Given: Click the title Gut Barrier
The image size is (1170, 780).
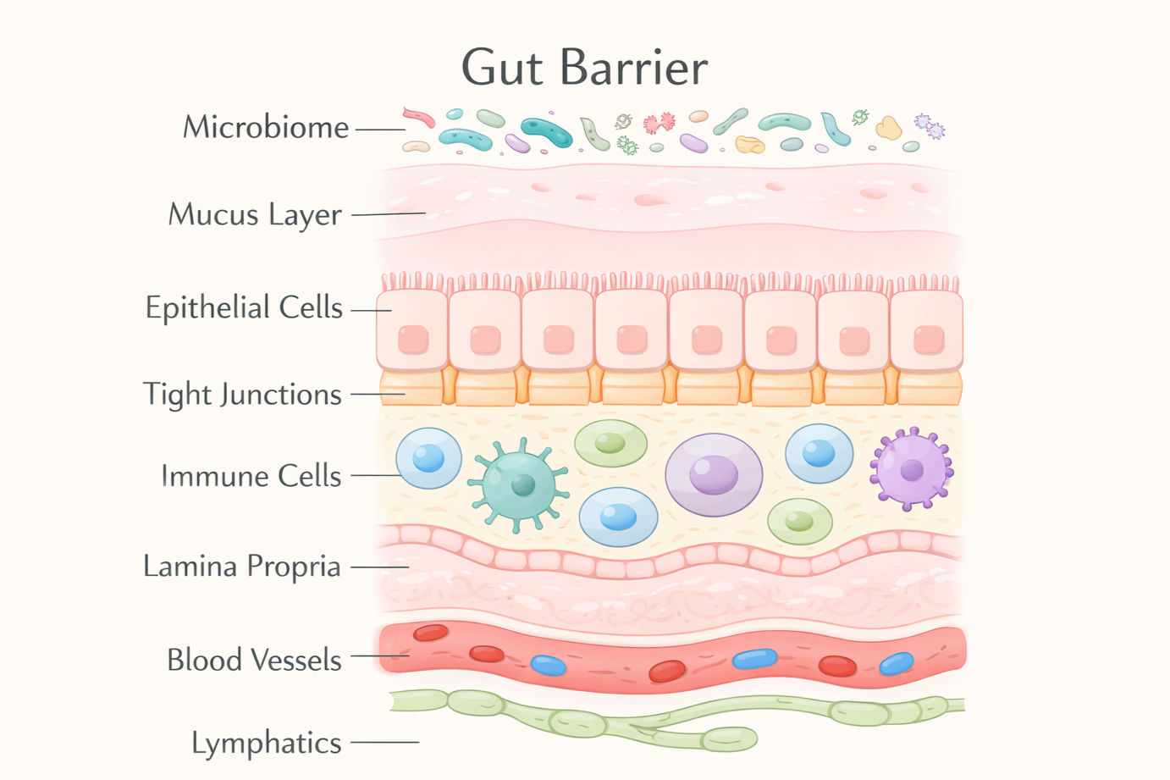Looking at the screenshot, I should point(584,68).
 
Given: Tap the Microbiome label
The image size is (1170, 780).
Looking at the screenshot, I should point(266,128).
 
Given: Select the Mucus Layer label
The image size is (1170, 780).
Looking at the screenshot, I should point(255,215).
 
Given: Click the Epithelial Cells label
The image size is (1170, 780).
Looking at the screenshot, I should point(244,307).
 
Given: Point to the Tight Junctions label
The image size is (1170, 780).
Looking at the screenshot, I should point(242,395).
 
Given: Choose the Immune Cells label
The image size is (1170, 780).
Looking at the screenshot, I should point(251,476).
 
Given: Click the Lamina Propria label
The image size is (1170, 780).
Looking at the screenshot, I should point(242,566).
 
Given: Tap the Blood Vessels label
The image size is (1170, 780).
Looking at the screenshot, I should point(254,660).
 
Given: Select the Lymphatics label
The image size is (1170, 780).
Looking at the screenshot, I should point(267,743).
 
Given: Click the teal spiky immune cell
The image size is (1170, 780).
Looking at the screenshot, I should point(519,484).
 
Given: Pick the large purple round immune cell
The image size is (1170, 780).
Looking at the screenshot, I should point(714,474).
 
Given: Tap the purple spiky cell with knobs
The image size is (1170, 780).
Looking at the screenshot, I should point(911,468).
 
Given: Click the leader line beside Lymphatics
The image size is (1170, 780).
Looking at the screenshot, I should point(385,743).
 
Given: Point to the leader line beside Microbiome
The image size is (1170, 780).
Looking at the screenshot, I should point(380,130).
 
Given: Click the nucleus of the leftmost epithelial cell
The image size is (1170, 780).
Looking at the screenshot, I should point(413,340).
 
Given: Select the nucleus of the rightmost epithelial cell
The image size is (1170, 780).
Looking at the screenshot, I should point(929,340).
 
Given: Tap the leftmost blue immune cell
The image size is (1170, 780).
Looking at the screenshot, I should point(429,458).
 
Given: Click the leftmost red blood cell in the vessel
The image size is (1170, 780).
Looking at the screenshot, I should point(430,633).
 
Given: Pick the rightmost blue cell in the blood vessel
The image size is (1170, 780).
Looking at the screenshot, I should point(896,663).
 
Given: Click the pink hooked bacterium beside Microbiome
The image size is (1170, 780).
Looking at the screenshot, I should point(419,118).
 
